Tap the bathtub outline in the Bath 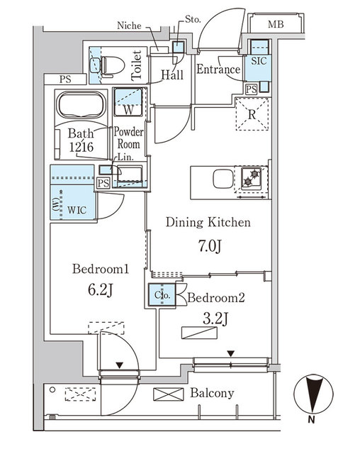pyautogui.click(x=81, y=107)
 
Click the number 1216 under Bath pyautogui.click(x=83, y=147)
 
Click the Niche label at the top pyautogui.click(x=130, y=26)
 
